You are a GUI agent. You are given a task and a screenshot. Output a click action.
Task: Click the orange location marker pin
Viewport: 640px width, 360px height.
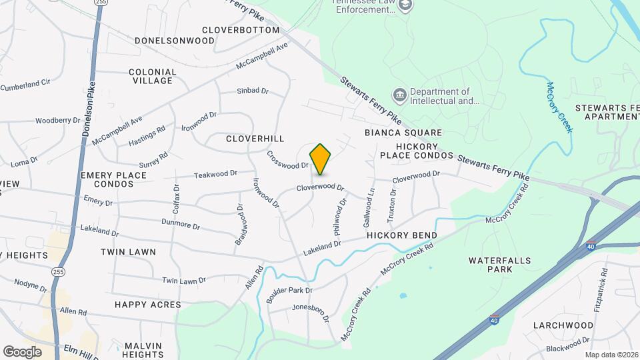click(321, 159)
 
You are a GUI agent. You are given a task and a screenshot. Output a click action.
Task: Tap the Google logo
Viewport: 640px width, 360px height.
click(21, 352)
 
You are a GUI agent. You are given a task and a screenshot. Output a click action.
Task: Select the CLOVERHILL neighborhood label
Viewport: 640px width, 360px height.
click(255, 139)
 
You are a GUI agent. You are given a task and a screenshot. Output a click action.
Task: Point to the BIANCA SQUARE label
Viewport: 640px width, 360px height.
click(403, 133)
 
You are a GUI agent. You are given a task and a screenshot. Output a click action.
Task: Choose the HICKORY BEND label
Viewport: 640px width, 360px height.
click(401, 236)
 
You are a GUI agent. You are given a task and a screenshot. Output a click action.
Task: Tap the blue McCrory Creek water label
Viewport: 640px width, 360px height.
click(559, 107)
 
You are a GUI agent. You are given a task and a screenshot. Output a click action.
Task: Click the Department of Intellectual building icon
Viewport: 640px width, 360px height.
click(400, 95)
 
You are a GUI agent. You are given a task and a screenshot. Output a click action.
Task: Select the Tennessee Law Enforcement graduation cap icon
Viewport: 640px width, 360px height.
click(406, 6)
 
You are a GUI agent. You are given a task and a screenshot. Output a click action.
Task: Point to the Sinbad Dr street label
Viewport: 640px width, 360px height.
click(252, 91)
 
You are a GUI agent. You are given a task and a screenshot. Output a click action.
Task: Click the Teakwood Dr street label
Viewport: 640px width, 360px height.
click(215, 174)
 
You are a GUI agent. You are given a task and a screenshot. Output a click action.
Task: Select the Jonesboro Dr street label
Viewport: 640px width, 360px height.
click(311, 313)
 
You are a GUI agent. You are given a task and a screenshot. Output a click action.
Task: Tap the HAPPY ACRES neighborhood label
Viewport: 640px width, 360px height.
click(147, 305)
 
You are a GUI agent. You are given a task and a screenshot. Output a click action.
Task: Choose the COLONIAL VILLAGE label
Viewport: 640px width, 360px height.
click(153, 76)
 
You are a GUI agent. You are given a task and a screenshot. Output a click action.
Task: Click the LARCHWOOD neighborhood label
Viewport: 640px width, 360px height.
click(563, 325)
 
